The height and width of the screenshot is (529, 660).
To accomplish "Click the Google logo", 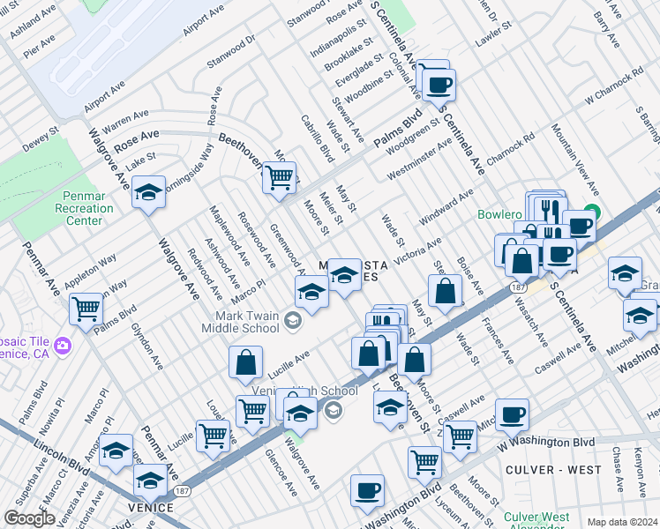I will [x=29, y=518].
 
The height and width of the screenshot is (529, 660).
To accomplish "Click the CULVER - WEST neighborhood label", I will [x=553, y=470].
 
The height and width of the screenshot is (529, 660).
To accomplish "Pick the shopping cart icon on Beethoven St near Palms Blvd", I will [x=280, y=177].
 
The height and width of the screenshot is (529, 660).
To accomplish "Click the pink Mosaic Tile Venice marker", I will [x=62, y=344].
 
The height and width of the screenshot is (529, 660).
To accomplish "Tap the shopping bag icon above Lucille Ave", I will [x=246, y=361].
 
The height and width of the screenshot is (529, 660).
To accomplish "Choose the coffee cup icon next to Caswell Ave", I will [x=512, y=414].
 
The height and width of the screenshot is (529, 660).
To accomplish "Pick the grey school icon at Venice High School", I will [x=332, y=409].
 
